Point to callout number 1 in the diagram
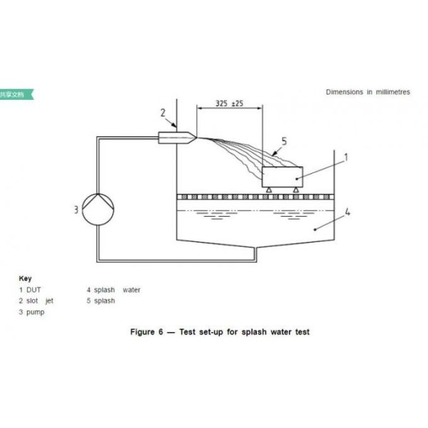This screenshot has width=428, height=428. (347, 155)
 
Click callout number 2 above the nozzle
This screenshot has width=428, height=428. (163, 112)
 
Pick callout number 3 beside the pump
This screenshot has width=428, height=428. (75, 209)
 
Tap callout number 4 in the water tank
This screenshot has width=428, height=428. (347, 211)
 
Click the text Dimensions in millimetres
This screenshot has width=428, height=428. (367, 92)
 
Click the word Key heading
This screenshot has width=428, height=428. (25, 278)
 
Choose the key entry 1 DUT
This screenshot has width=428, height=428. (31, 290)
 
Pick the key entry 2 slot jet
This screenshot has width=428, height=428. (36, 301)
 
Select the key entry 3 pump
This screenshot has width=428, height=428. (33, 312)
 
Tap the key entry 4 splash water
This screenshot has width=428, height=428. (114, 290)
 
